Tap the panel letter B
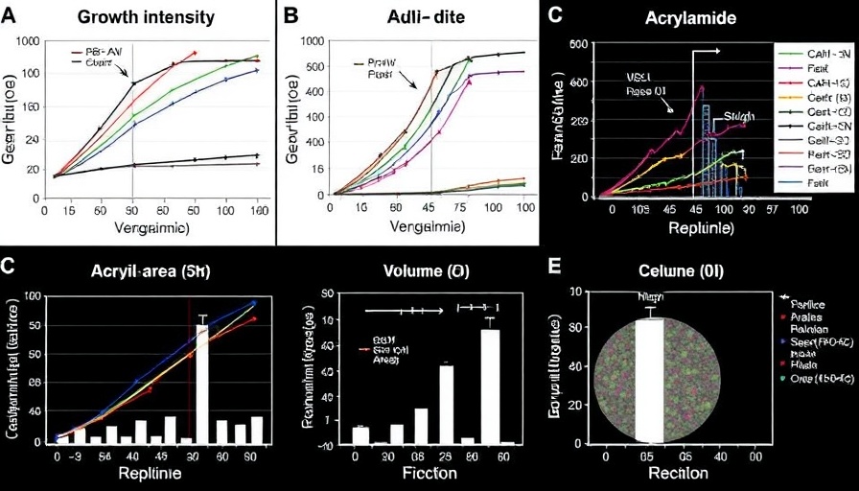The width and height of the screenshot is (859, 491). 291,14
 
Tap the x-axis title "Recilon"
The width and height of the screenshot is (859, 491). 672,474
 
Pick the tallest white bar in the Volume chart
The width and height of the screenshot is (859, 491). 490,385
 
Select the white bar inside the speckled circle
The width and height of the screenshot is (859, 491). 650,380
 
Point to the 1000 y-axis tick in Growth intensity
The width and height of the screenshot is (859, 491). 27,43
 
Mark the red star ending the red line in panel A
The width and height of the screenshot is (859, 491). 195,53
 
